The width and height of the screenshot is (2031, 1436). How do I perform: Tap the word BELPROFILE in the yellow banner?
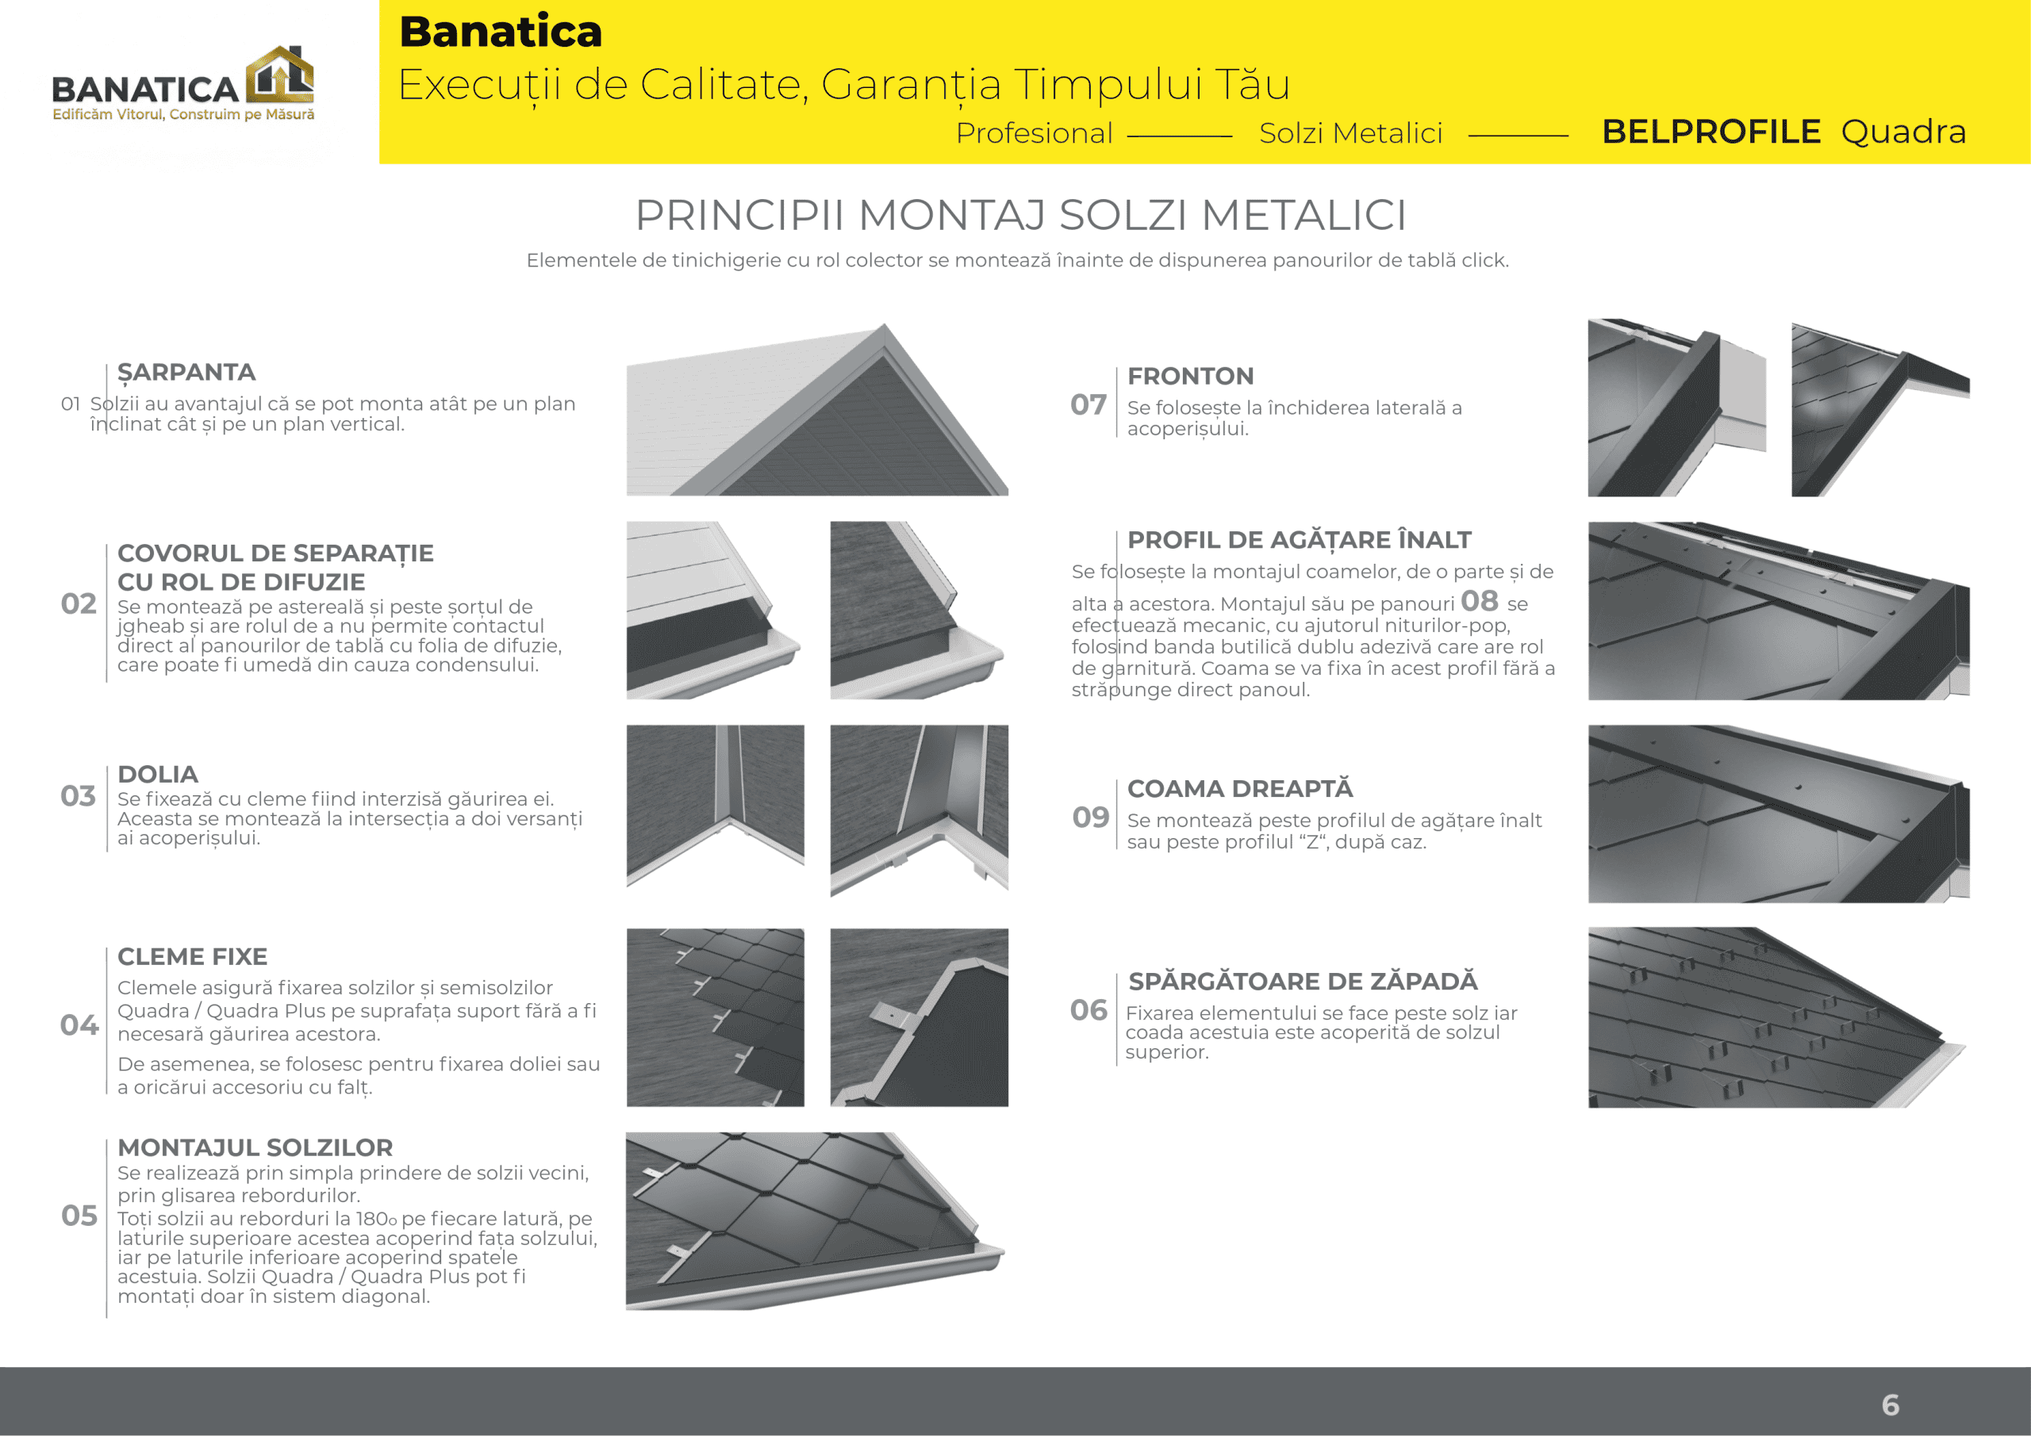pos(1710,132)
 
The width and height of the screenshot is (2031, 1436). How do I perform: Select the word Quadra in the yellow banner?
pos(1903,132)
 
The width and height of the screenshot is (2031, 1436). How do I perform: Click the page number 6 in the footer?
pos(1891,1404)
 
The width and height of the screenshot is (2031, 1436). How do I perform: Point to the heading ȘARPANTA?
pos(186,372)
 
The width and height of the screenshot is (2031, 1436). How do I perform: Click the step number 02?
pos(79,604)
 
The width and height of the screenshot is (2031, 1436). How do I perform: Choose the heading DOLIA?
pos(157,774)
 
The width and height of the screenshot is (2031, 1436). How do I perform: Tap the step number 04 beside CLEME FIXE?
pos(79,1024)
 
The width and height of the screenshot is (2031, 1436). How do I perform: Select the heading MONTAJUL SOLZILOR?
pos(255,1147)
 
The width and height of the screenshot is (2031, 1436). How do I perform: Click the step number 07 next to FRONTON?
pos(1088,404)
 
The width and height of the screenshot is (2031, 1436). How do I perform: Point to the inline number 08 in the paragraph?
pos(1479,601)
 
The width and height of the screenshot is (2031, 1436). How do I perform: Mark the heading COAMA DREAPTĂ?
pos(1240,788)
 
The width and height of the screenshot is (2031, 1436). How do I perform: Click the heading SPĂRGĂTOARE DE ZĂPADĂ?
pos(1303,981)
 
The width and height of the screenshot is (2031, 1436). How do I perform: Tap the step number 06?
pos(1088,1009)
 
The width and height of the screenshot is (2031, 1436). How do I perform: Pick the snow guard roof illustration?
pos(1778,1017)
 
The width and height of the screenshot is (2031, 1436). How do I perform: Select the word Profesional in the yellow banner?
pos(1034,132)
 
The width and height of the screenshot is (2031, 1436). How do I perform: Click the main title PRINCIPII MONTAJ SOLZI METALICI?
pos(1020,215)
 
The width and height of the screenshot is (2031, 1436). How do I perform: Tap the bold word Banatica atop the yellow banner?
pos(501,32)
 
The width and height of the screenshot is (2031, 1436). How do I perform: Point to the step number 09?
pos(1090,817)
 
